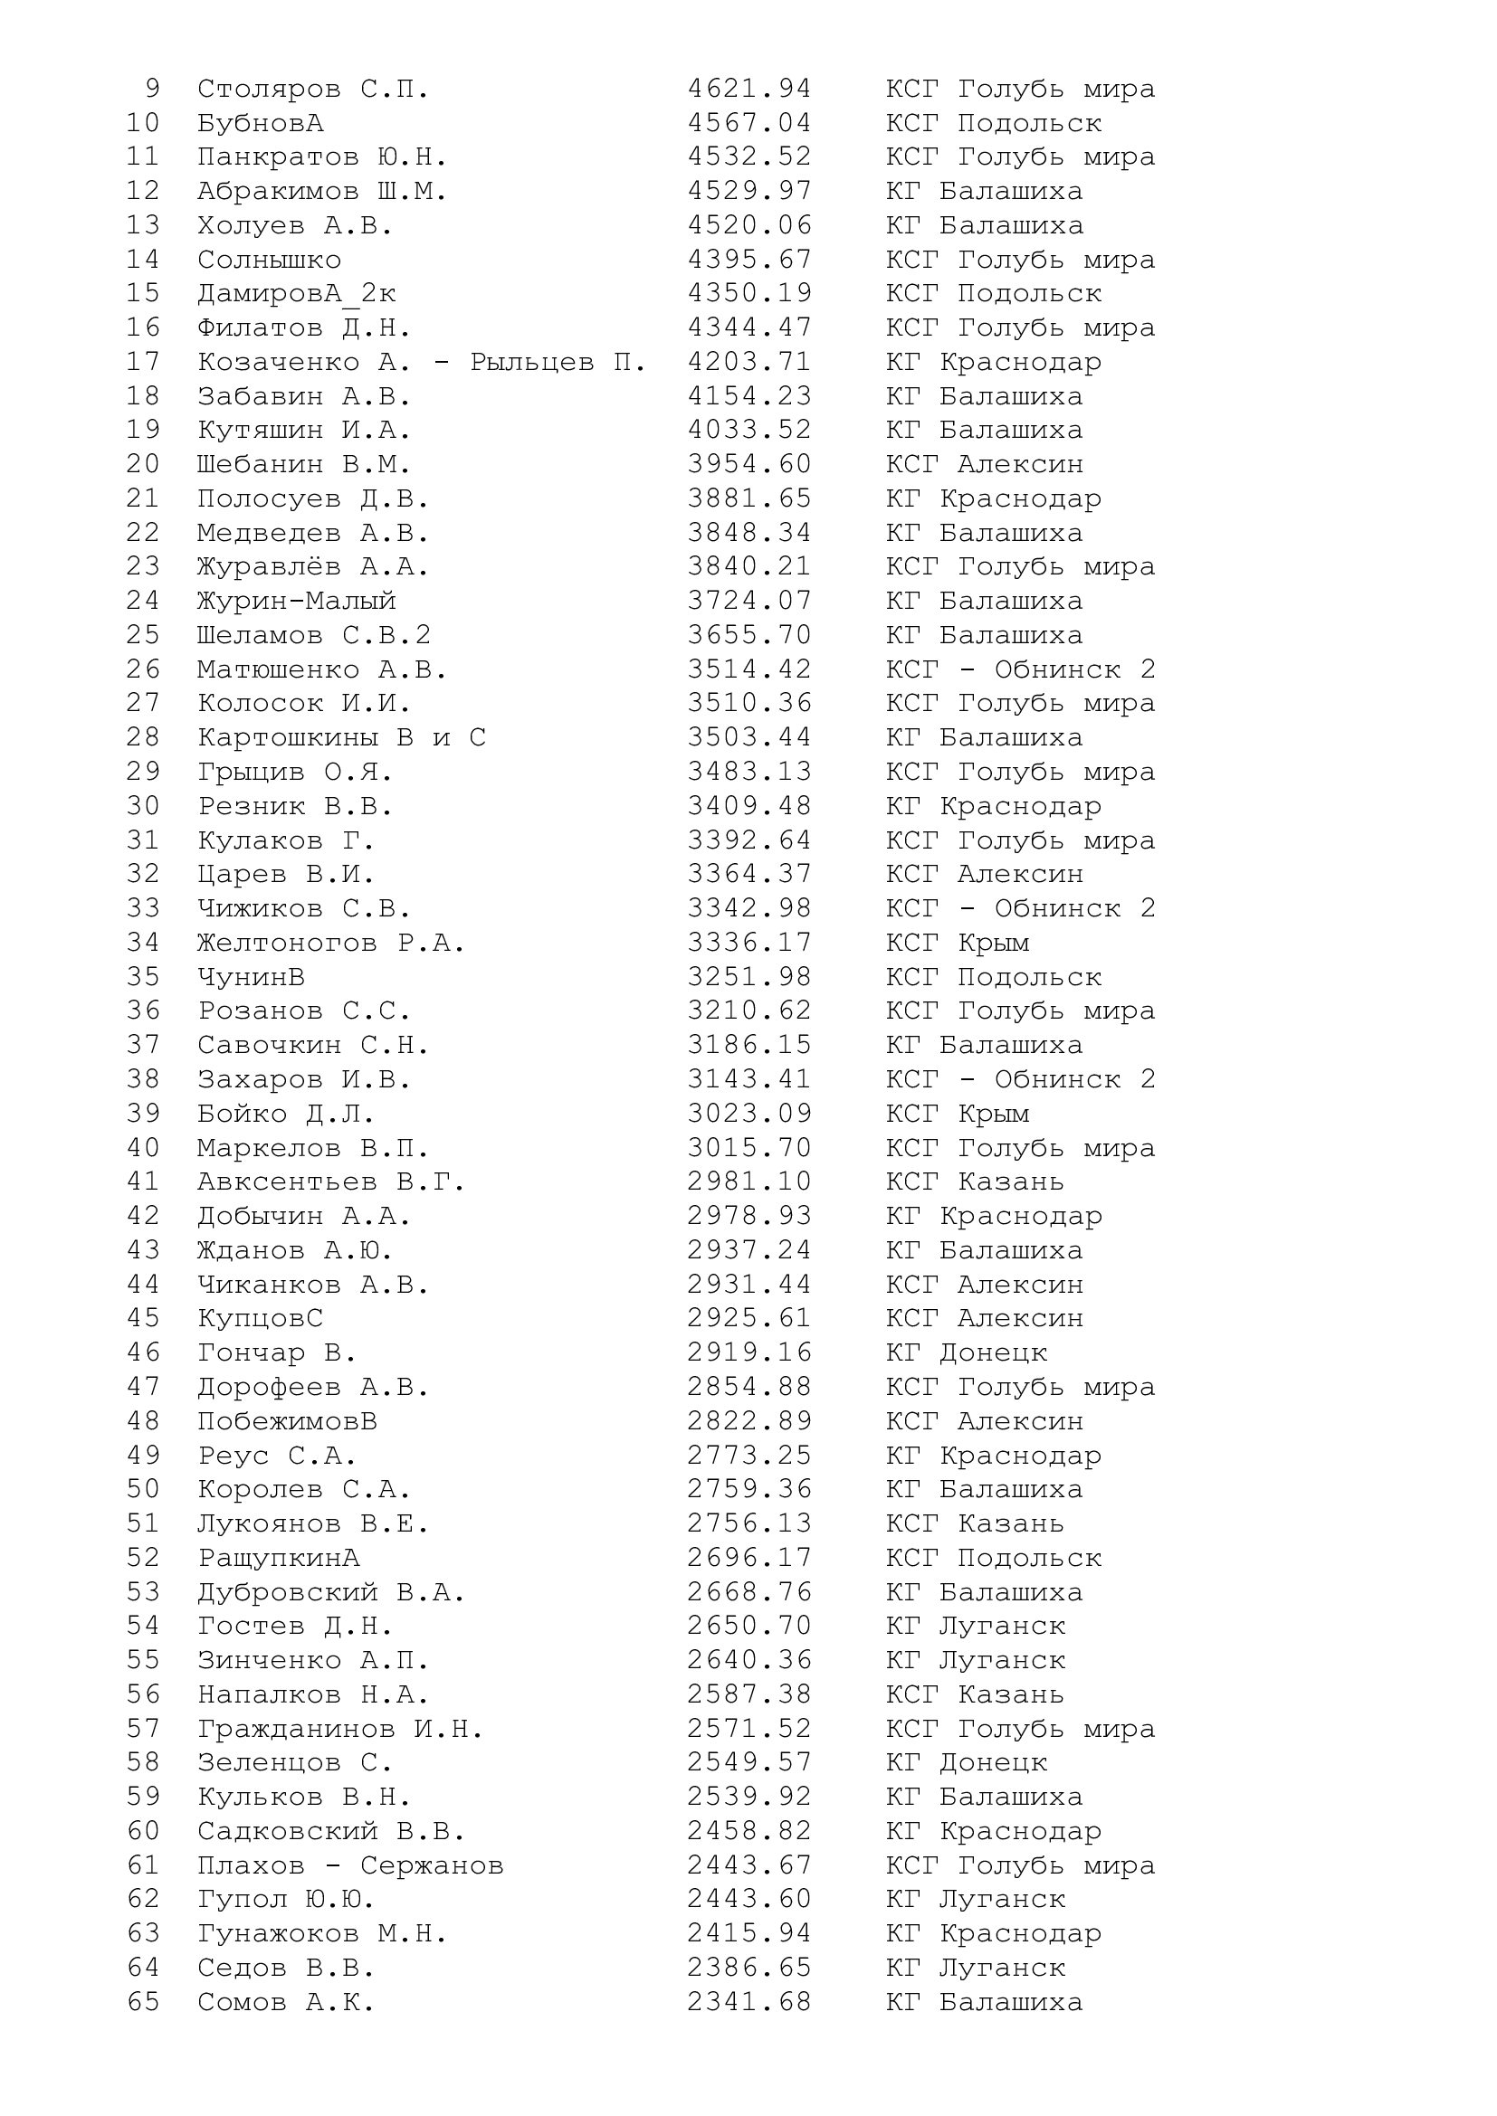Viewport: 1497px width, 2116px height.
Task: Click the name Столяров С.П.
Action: coord(312,90)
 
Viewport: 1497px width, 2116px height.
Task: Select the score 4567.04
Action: coord(748,124)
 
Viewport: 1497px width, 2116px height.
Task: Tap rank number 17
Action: coord(143,362)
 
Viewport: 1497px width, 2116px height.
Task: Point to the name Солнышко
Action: coord(268,260)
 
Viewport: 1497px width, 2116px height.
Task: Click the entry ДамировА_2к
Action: coord(296,294)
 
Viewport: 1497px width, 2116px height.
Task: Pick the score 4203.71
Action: coord(748,362)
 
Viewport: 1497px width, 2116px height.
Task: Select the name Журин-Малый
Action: coord(296,601)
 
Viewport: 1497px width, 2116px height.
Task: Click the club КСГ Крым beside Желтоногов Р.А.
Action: coord(957,943)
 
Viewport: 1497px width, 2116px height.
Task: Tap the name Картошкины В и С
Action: coord(341,737)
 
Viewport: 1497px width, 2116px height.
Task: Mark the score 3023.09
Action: coord(748,1114)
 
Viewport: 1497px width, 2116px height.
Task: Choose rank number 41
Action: coord(143,1181)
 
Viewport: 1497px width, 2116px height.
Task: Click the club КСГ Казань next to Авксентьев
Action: coord(975,1181)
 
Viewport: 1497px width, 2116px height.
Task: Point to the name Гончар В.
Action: coord(277,1352)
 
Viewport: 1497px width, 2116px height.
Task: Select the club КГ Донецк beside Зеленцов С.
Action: coord(966,1762)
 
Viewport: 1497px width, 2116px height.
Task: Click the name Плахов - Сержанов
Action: coord(350,1865)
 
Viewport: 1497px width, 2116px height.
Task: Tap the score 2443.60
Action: coord(748,1899)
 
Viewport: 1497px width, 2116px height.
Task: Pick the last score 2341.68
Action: coord(748,2002)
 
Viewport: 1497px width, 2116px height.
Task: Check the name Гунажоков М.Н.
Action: coord(321,1932)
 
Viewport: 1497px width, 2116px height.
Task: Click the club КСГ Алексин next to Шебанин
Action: coord(984,464)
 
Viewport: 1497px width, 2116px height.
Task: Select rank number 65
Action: coord(143,2002)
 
